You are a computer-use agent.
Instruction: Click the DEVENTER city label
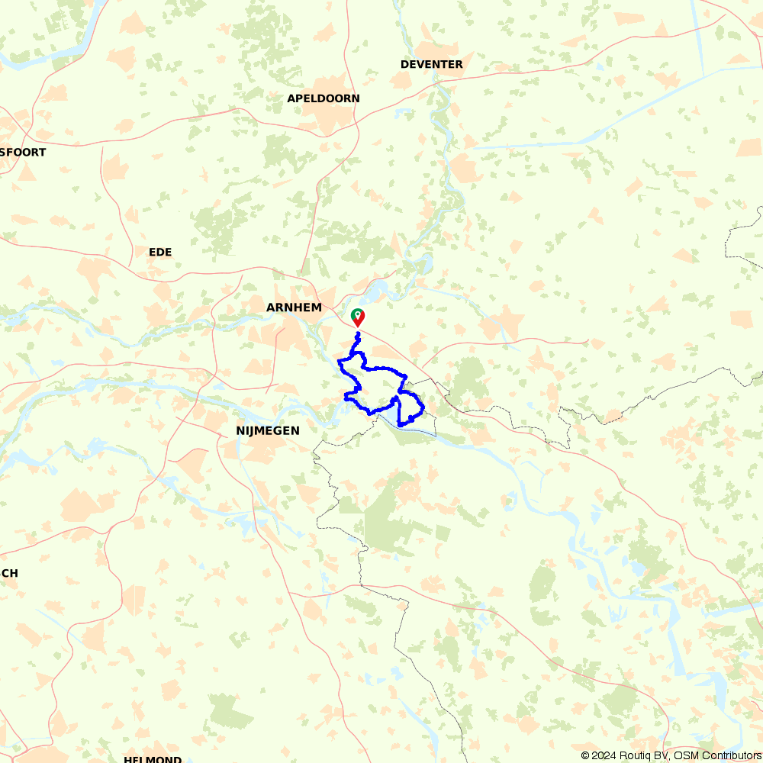tap(432, 64)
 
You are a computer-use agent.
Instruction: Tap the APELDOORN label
tap(324, 98)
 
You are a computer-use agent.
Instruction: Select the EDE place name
tap(161, 252)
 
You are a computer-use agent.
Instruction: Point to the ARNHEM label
tap(295, 307)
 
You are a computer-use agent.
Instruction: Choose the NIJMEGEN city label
tap(268, 431)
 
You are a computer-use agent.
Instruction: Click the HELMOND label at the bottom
tap(153, 759)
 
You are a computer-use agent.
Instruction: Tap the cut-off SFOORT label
tap(23, 152)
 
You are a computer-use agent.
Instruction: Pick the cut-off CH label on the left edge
tap(10, 573)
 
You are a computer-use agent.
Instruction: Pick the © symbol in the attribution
tap(585, 755)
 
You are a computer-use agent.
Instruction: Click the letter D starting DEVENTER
tap(404, 64)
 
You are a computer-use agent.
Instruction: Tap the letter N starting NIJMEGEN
tap(240, 431)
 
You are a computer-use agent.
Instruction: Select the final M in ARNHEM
tap(317, 307)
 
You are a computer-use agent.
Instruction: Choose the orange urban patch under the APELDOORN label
tap(328, 118)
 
